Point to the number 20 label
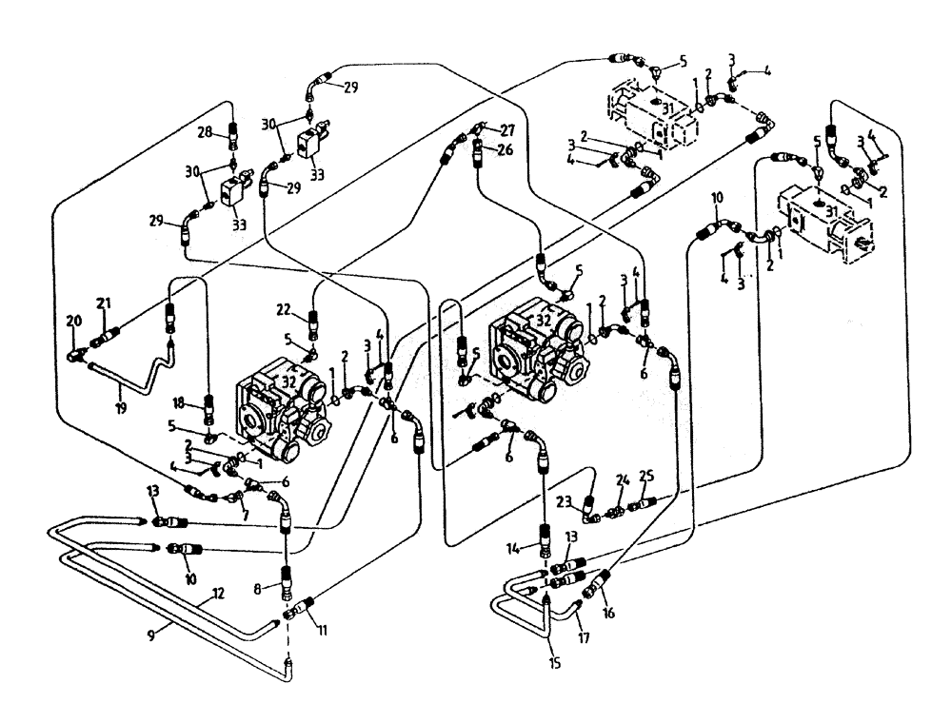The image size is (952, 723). [75, 321]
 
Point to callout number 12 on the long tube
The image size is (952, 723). [218, 594]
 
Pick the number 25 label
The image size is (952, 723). [646, 475]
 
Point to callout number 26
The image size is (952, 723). [504, 149]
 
